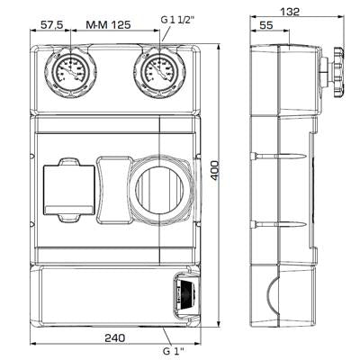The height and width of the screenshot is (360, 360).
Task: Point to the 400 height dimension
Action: click(x=215, y=172)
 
